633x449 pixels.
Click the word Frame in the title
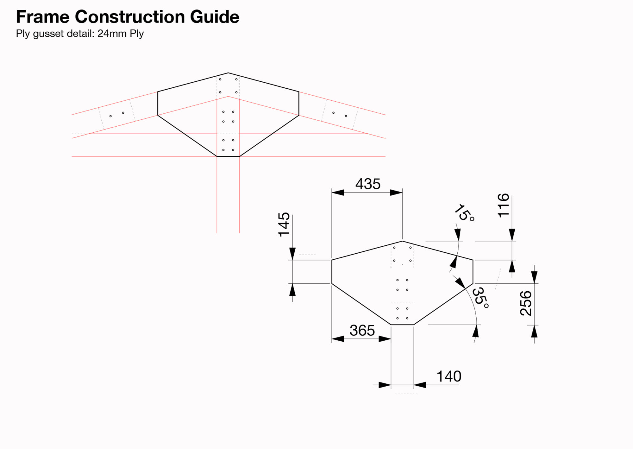42,17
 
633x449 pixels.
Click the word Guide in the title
215,17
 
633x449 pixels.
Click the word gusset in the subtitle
48,34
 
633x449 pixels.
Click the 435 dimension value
368,184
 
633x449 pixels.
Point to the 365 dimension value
362,331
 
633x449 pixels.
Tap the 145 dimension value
284,224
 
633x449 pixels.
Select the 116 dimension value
503,206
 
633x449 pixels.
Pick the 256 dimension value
526,303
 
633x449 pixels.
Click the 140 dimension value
449,376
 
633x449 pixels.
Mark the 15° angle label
464,213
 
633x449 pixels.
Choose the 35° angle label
480,298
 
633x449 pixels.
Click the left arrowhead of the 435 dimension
338,193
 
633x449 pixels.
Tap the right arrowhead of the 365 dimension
385,339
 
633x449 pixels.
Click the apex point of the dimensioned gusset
402,241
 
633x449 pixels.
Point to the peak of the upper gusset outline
228,73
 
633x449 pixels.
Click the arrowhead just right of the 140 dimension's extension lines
420,385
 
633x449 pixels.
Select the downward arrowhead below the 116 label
512,235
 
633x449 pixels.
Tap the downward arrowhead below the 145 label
292,254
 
